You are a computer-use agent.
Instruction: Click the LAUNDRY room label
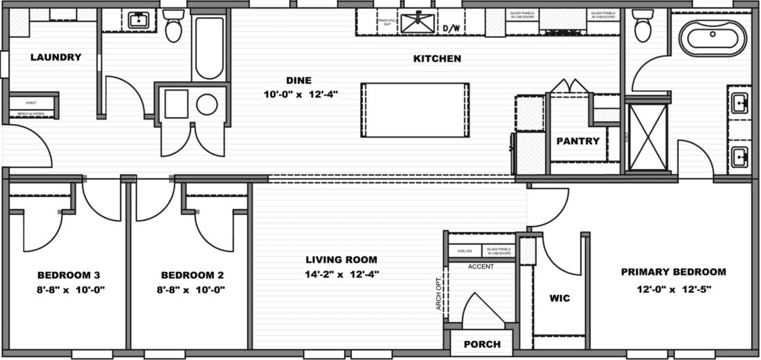coord(56,58)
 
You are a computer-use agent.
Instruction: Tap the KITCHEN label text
coord(437,59)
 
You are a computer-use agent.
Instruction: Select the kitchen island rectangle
coord(415,110)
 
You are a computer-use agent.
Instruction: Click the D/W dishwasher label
coord(452,28)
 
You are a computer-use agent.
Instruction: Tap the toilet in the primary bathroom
coord(643,27)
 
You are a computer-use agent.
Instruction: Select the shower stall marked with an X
coord(647,137)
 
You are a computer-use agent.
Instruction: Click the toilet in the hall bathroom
coord(174,26)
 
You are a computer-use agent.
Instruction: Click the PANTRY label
coord(578,141)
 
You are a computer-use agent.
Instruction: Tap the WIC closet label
coord(559,298)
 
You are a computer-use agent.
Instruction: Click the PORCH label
coord(482,344)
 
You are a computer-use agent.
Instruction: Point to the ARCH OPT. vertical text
coord(438,294)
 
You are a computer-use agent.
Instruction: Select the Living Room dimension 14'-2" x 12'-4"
coord(341,274)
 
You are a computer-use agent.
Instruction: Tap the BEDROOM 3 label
coord(69,275)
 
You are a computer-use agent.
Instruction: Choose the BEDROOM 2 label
coord(192,275)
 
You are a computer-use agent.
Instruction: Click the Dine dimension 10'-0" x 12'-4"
coord(301,95)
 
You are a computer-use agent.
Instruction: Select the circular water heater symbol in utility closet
coord(207,104)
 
